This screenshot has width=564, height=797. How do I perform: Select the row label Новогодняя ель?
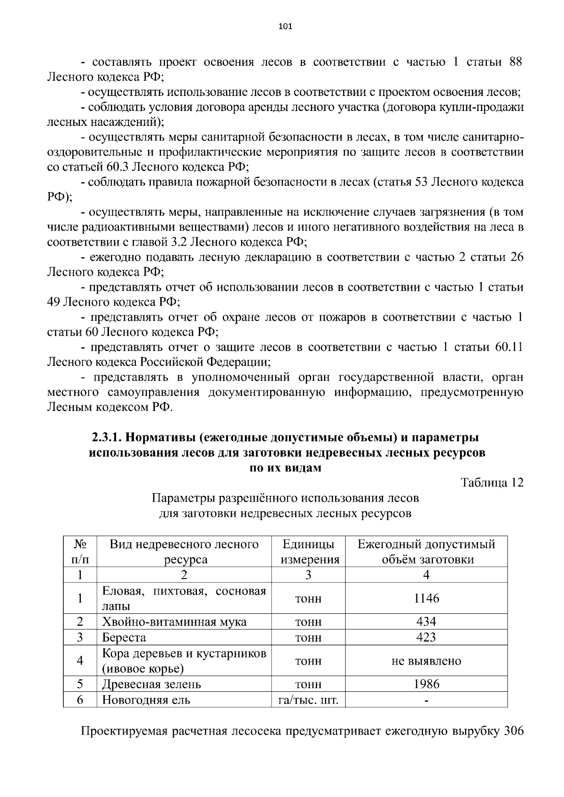pos(146,700)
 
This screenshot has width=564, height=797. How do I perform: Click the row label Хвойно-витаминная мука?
pos(174,622)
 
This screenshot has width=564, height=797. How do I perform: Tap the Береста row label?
pos(124,637)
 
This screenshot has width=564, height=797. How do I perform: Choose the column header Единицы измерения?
pos(309,552)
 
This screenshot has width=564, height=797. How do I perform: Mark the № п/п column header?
pos(80,552)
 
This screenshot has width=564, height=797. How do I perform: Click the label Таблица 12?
pos(492,483)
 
